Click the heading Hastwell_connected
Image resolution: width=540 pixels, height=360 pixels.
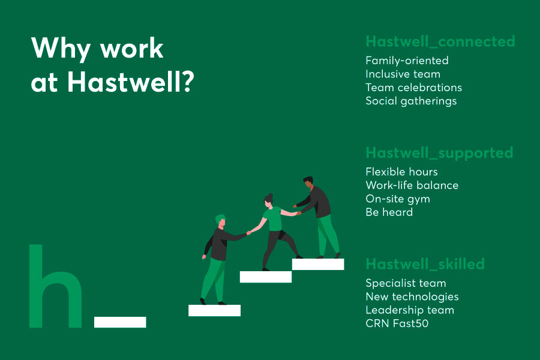coord(440,41)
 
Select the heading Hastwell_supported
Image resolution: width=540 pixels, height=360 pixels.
coord(439,153)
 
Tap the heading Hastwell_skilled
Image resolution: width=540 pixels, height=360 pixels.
coord(425,264)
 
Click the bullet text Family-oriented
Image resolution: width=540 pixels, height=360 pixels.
coord(407,61)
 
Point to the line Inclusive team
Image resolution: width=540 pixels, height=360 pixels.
coord(403,74)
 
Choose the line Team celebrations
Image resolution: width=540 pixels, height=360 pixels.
coord(413,88)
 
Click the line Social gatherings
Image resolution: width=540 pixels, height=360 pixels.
coord(411,101)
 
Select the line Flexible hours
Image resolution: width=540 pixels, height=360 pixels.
coord(401,172)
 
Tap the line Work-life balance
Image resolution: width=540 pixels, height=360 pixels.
coord(412,185)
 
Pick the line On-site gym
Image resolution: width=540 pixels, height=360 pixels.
coord(398,199)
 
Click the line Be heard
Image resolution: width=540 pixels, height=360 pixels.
coord(389,212)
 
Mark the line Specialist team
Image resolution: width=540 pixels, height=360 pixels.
coord(406,283)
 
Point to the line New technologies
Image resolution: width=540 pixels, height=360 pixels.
coord(412,296)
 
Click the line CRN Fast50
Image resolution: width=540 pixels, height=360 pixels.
coord(397,323)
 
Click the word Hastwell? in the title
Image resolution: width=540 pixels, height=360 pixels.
coord(130,81)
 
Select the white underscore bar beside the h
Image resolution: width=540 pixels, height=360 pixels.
coord(120,322)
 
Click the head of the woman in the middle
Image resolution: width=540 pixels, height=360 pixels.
coord(269,200)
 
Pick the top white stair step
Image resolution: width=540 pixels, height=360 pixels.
coord(317,264)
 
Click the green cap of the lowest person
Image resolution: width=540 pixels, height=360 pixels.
coord(220,218)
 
